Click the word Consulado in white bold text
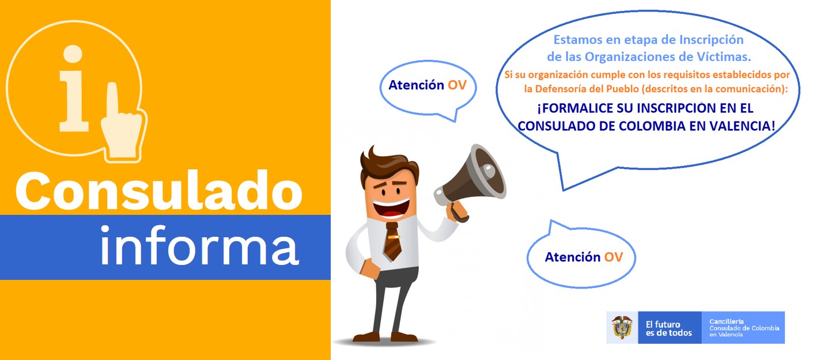[x=159, y=191]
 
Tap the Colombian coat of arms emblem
[x=622, y=328]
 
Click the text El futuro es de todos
[x=669, y=328]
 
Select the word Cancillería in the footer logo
[x=727, y=321]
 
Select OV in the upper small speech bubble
[x=458, y=85]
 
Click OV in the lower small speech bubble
[x=614, y=257]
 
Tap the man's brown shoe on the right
[x=404, y=337]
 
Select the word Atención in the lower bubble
[x=573, y=257]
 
